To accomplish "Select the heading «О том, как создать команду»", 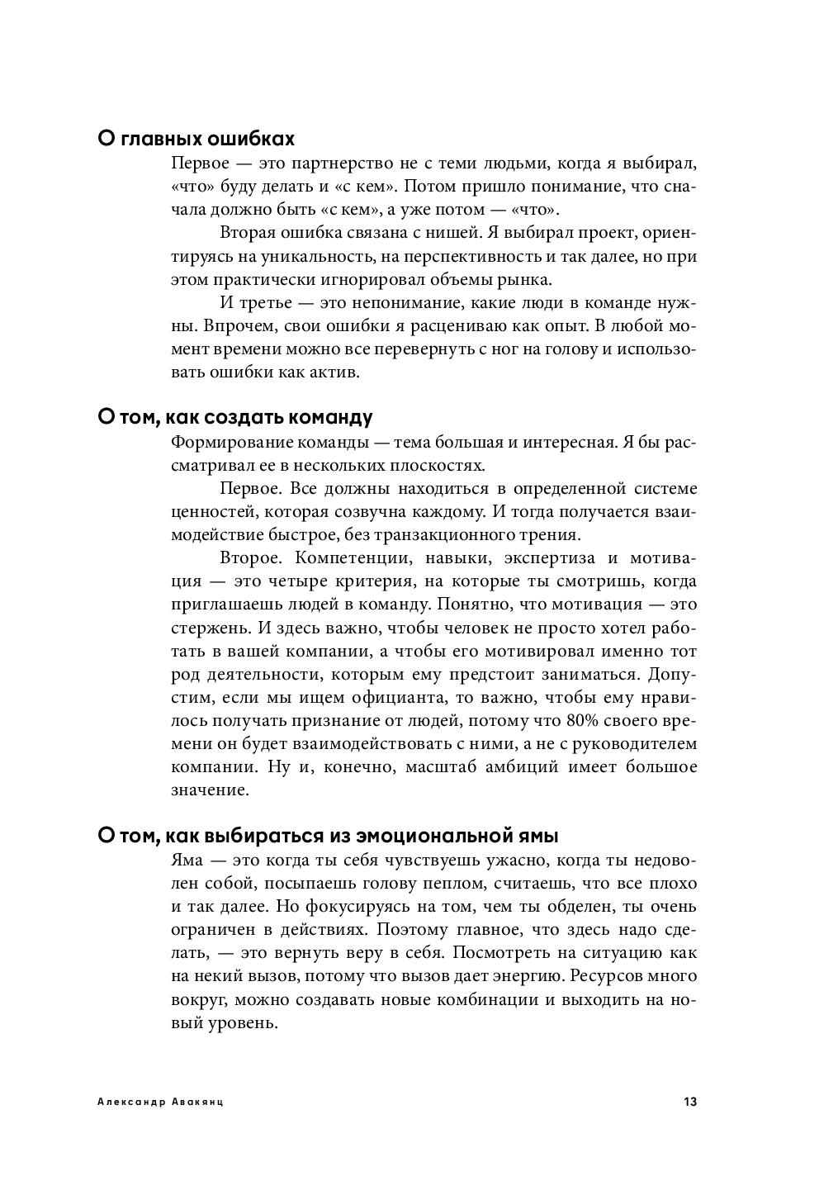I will (x=235, y=417).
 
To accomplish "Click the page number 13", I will (x=690, y=1102).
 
